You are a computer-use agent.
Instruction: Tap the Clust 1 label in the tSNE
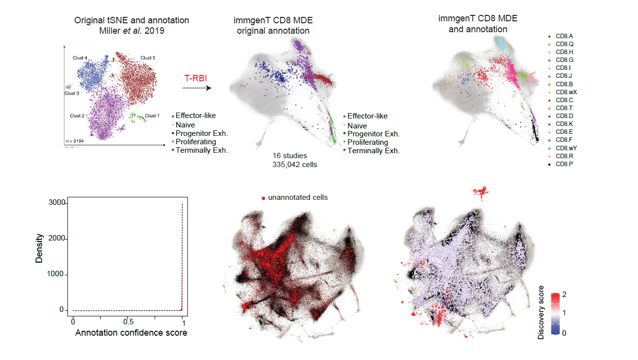[x=152, y=116]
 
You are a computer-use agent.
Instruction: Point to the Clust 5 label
[x=147, y=58]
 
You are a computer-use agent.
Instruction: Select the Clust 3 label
[x=71, y=93]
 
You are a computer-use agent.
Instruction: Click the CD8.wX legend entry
[x=566, y=92]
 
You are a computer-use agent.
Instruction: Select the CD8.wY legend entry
[x=566, y=148]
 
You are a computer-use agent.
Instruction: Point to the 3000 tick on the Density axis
[x=57, y=203]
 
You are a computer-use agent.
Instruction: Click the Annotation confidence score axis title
[x=131, y=333]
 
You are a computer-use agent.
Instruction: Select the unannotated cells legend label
[x=297, y=197]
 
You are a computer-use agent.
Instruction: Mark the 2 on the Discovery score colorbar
[x=564, y=295]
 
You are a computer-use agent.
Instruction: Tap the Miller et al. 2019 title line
[x=131, y=31]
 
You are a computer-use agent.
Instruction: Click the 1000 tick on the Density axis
[x=57, y=274]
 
